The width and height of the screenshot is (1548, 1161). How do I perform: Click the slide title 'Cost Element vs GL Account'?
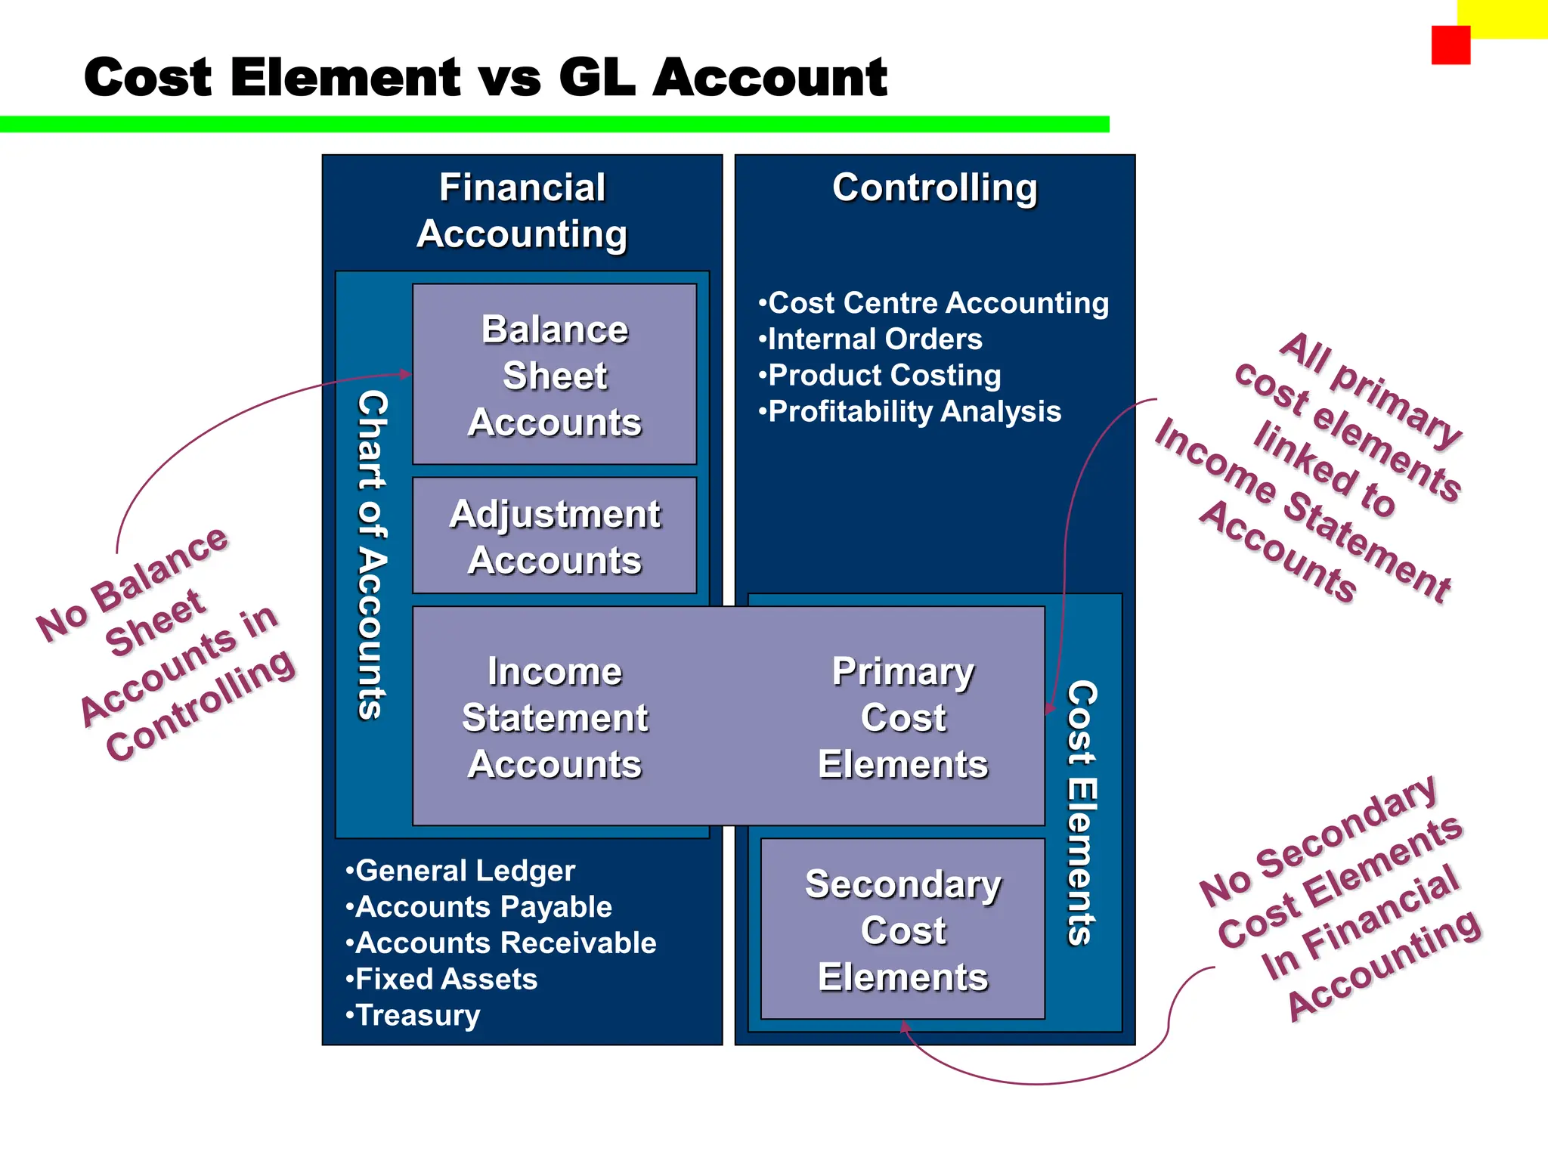[485, 77]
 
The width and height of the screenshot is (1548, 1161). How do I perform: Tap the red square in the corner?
[1450, 45]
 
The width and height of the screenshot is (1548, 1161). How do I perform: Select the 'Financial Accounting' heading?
[522, 210]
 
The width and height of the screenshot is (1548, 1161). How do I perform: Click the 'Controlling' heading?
[935, 187]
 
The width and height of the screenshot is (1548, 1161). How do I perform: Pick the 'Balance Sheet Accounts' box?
[555, 375]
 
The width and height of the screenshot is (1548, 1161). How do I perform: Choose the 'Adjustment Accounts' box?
[555, 536]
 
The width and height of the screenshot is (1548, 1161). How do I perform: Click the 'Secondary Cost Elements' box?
[902, 930]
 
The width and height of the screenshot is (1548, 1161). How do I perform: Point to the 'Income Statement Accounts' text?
[555, 717]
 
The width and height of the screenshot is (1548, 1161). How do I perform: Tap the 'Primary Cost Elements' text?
[902, 717]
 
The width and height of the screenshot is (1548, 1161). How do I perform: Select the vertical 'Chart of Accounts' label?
[372, 554]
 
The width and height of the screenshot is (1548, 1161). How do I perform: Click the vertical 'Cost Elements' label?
[1082, 813]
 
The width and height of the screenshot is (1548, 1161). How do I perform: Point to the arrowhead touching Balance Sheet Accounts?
[406, 373]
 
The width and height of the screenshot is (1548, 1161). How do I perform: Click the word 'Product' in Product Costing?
[815, 376]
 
